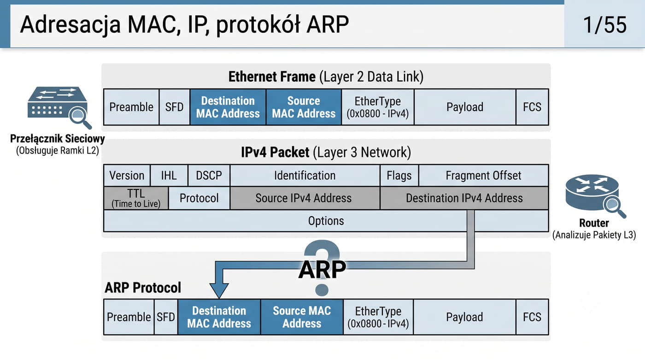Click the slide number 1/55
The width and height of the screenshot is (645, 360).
click(x=604, y=25)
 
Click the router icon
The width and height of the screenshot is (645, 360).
click(x=595, y=196)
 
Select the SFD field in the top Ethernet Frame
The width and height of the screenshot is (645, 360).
click(x=174, y=107)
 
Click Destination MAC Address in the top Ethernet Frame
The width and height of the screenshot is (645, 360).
click(x=228, y=107)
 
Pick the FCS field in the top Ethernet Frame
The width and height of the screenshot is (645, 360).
click(x=532, y=107)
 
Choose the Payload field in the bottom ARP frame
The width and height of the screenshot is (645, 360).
click(x=464, y=317)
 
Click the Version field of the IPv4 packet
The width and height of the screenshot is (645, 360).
click(x=127, y=176)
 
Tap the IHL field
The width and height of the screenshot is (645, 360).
click(x=169, y=176)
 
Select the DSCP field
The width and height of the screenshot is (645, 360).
click(x=209, y=176)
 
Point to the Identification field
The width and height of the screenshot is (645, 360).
click(x=305, y=176)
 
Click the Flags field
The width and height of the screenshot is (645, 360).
click(x=399, y=176)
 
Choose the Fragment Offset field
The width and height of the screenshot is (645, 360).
click(x=483, y=176)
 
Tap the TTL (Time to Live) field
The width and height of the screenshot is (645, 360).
click(x=136, y=198)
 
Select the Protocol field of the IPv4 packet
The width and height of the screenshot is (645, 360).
click(x=199, y=198)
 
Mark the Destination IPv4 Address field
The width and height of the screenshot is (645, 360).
click(x=464, y=198)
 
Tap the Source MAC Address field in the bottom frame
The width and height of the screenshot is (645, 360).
click(x=302, y=317)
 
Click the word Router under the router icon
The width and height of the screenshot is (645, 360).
click(x=594, y=223)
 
